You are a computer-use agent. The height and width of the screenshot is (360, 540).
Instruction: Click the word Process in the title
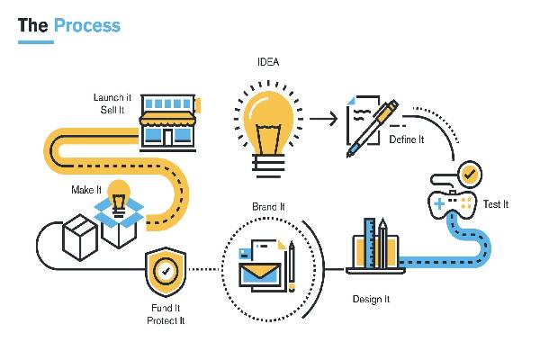point(87,26)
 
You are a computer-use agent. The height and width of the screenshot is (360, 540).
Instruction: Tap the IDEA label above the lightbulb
point(268,62)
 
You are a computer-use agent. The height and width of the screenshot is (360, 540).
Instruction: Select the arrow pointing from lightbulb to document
point(323,119)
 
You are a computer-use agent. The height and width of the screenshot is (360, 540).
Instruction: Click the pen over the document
point(373,128)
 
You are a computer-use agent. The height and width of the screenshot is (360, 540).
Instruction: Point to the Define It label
point(407,139)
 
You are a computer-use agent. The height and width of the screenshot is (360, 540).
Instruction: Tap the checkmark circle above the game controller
point(469,175)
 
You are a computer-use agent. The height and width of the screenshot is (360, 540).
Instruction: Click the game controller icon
point(452,203)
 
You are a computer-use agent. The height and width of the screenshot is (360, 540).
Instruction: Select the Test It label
point(496,204)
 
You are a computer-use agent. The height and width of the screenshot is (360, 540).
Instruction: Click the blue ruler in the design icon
point(370,243)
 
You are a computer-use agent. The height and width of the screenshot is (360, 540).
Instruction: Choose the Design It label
point(371,299)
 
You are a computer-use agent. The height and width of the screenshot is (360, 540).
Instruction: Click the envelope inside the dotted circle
point(261,274)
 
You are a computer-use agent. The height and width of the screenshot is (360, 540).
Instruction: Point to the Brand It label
point(268,207)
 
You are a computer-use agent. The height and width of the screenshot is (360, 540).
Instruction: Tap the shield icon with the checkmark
point(166,272)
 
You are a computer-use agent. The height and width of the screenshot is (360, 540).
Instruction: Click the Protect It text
point(166,320)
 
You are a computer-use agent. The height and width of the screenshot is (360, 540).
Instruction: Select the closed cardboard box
point(80,238)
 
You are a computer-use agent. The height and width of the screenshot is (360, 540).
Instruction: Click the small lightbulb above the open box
point(119,198)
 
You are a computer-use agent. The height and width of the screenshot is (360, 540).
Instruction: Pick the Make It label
point(86,190)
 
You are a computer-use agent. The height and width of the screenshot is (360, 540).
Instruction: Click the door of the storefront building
point(167,137)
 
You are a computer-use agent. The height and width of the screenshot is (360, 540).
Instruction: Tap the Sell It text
point(112,110)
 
